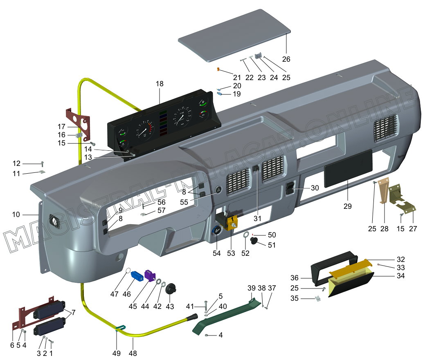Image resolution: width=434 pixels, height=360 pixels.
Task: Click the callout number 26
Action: click(286, 59)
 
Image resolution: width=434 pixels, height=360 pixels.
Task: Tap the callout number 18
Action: click(160, 84)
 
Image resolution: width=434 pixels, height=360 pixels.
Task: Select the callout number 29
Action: click(347, 206)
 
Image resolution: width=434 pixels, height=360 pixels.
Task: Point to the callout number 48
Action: click(133, 353)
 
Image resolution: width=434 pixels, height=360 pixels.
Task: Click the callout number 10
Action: click(16, 215)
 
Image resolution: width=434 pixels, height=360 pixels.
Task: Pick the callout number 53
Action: click(231, 253)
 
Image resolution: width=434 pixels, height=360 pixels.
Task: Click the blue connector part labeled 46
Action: click(136, 275)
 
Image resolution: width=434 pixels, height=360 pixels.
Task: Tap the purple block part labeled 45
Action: click(151, 275)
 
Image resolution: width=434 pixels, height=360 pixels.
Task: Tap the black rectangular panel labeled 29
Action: click(348, 168)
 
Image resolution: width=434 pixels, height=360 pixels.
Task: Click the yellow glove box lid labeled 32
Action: click(351, 268)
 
